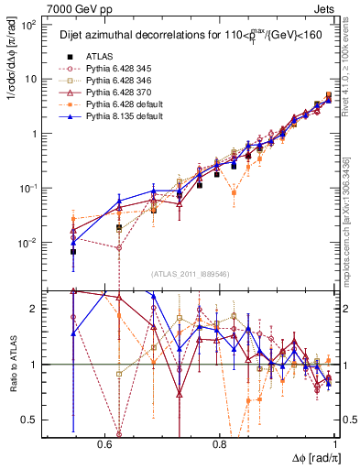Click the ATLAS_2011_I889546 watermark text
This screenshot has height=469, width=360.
pyautogui.click(x=191, y=274)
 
